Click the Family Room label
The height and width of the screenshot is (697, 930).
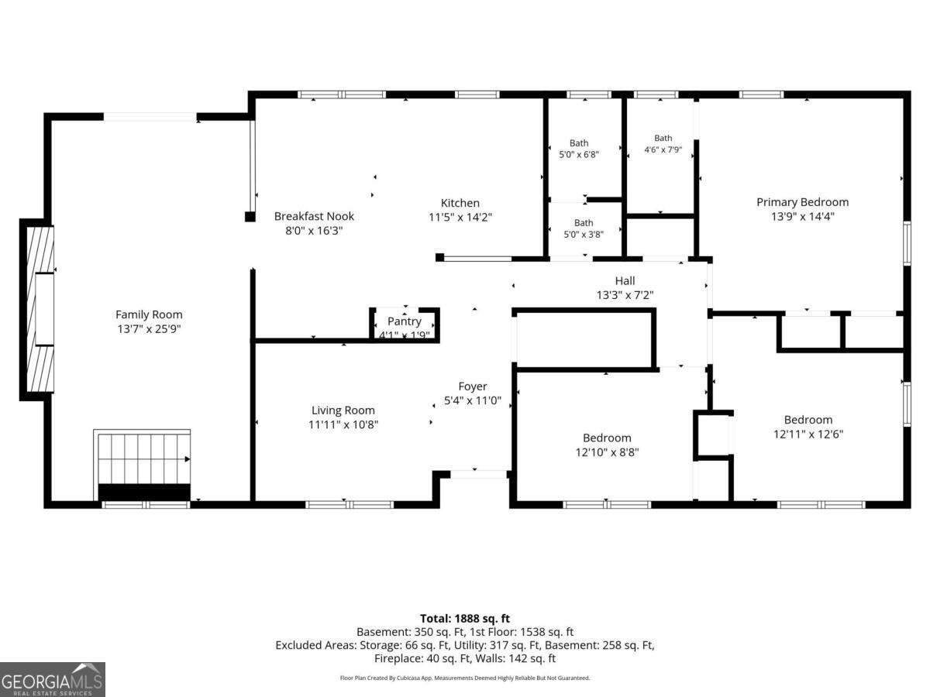[149, 314]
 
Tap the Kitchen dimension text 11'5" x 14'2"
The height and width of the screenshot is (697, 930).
[460, 217]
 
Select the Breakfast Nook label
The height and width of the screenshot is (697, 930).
[314, 216]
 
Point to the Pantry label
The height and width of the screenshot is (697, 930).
[405, 321]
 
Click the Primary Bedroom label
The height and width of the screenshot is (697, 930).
[802, 202]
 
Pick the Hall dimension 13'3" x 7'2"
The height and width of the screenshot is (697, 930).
[625, 295]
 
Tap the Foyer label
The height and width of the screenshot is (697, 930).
[473, 386]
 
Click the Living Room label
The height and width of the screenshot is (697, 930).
[343, 410]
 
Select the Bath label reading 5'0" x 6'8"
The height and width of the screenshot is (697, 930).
[579, 149]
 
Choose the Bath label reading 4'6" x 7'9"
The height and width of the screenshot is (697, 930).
[663, 144]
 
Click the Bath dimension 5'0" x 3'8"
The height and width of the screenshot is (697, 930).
[584, 235]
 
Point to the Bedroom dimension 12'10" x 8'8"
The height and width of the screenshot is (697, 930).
[607, 452]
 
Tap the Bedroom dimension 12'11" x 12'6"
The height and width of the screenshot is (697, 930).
[808, 434]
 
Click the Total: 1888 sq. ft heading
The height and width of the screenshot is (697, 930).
[465, 619]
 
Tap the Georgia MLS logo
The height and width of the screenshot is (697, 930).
[53, 679]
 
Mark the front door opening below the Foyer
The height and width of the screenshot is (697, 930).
[479, 475]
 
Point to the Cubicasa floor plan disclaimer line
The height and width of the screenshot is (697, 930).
[465, 678]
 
